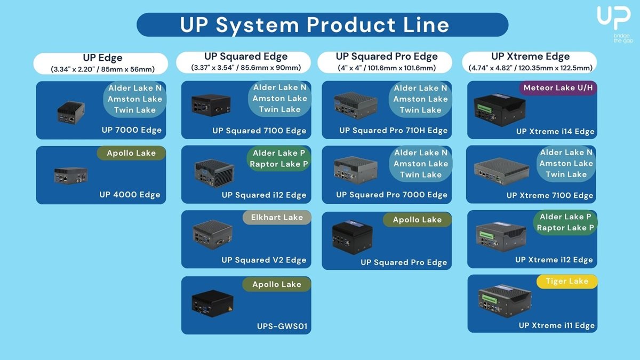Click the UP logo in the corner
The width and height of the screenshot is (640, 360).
pos(614,20)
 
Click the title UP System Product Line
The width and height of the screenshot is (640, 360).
pos(314,25)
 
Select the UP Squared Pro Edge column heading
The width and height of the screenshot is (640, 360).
pos(387,57)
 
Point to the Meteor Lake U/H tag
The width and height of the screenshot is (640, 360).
pos(558,88)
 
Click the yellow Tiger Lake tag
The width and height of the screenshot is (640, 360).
pos(567,281)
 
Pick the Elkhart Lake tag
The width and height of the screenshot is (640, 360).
pos(277,218)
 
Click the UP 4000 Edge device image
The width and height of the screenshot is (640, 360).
pos(71,174)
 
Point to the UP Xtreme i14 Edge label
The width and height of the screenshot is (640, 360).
pos(555,132)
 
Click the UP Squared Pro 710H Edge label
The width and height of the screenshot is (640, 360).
pos(393,131)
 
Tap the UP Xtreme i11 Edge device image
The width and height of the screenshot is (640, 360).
pos(504,300)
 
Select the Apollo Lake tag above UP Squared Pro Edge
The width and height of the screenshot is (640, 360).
pos(417,220)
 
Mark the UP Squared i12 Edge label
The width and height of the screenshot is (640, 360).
pos(264,195)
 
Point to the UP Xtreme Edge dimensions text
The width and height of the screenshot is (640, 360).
pos(530,68)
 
